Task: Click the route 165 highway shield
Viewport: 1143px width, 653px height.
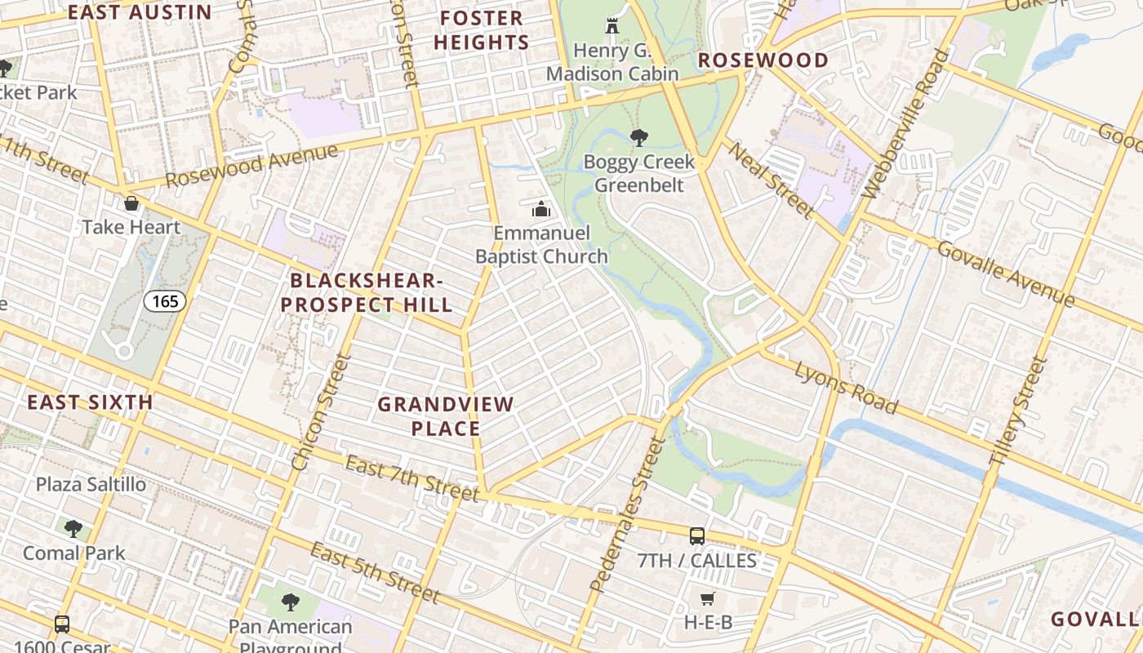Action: tap(165, 301)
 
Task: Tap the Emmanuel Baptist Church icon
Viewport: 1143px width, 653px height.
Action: tap(541, 210)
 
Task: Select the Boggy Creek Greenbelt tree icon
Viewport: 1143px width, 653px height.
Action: tap(638, 138)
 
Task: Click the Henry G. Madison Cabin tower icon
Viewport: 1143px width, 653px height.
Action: tap(612, 26)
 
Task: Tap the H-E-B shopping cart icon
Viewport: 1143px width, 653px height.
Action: tap(708, 599)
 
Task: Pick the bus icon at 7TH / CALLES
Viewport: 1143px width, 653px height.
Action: tap(696, 536)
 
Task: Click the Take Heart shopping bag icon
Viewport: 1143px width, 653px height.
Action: tap(131, 203)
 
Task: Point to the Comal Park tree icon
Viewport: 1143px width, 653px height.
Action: tap(73, 529)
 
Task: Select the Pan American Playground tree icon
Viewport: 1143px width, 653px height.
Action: tap(290, 603)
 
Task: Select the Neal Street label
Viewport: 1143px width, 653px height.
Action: tap(771, 180)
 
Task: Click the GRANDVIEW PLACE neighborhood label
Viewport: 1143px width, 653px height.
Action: tap(446, 415)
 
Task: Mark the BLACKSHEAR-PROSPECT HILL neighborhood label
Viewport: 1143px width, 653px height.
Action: tap(371, 292)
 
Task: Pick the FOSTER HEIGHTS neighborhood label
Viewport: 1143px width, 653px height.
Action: tap(482, 30)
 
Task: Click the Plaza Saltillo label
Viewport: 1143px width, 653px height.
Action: tap(91, 484)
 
